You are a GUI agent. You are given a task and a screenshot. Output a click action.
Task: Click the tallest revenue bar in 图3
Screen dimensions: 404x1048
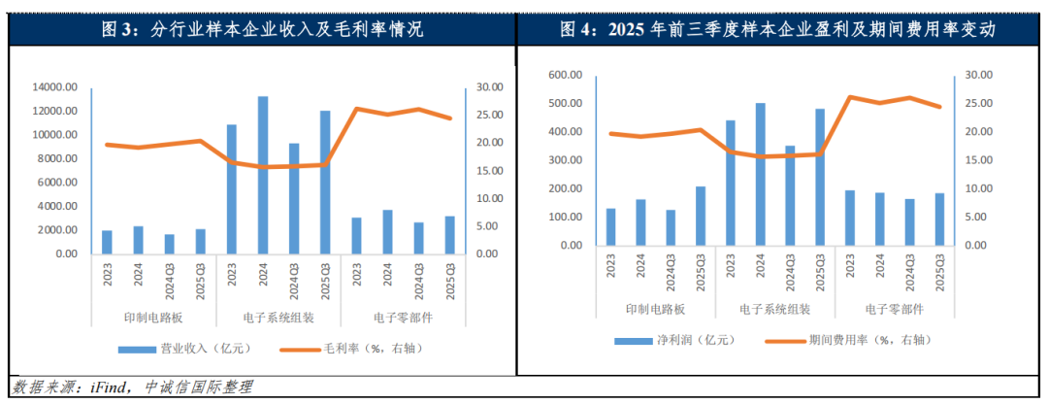262,175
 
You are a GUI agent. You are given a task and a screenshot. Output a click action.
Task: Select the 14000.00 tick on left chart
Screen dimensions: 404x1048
53,87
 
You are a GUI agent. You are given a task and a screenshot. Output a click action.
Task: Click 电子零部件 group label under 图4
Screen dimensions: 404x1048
895,310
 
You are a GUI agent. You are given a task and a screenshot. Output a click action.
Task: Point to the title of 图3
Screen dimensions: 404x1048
262,29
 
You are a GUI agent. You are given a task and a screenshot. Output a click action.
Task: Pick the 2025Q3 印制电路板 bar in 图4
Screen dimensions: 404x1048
701,216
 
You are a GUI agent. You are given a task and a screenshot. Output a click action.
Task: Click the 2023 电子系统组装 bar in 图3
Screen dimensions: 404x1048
232,189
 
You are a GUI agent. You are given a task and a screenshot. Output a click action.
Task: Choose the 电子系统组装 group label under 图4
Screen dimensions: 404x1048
774,310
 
